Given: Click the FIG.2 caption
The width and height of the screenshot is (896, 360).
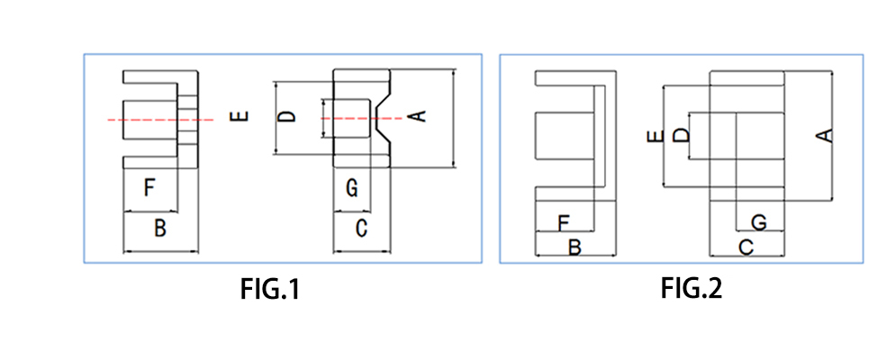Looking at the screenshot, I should (691, 289).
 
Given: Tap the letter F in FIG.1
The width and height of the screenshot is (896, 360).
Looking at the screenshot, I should (150, 188).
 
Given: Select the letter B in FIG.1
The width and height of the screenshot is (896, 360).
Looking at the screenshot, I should (159, 229).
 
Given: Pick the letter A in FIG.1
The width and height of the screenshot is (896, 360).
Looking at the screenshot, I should (416, 116).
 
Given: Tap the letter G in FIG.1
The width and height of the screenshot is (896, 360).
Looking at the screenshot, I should (352, 189).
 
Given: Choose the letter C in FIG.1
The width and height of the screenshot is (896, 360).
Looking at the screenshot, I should (361, 229).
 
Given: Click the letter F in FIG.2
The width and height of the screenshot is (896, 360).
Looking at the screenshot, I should (564, 221).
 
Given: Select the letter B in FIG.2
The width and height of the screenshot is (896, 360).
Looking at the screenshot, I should (574, 246).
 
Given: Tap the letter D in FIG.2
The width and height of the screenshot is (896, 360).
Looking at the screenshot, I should (682, 135).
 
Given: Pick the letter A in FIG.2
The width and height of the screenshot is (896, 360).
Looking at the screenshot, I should (822, 135).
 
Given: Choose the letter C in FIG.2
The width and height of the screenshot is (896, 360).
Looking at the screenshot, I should (747, 246).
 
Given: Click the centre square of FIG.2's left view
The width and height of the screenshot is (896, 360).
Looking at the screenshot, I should (564, 135).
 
